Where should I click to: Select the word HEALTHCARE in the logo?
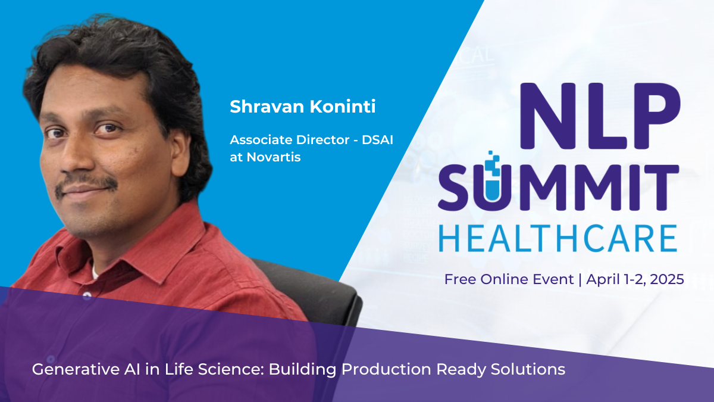(x=558, y=238)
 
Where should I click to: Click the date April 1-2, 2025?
(x=635, y=279)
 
